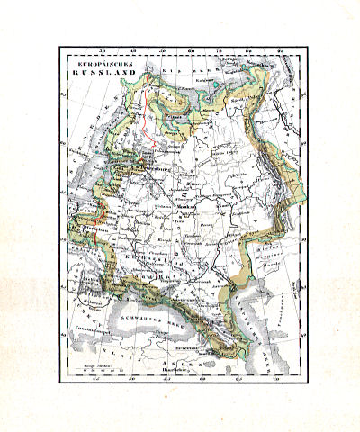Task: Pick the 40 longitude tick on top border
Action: click(133, 51)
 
